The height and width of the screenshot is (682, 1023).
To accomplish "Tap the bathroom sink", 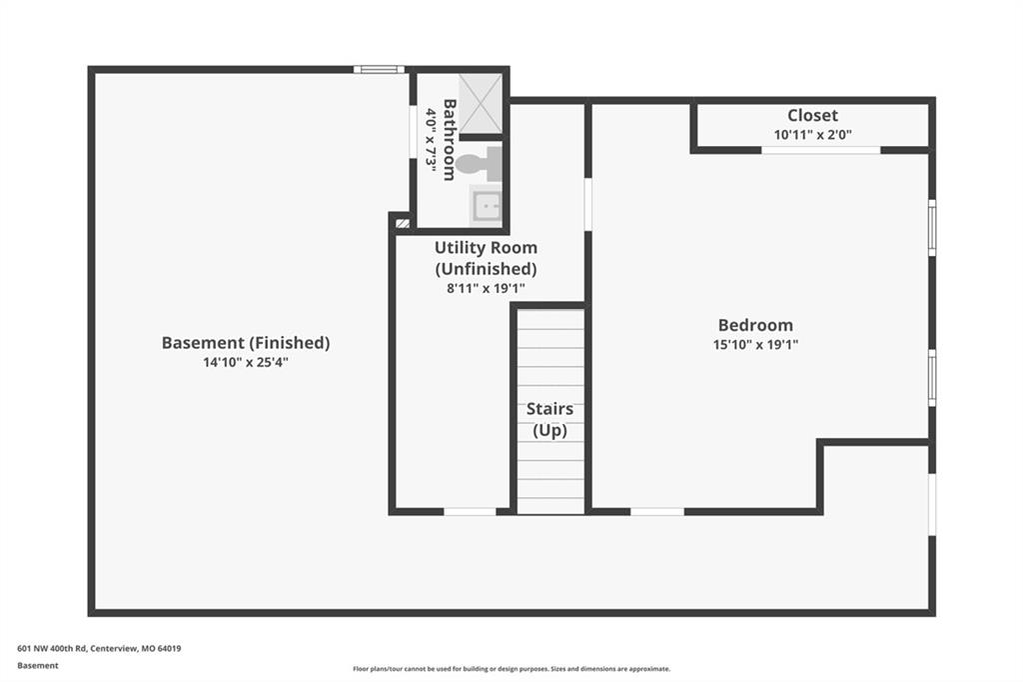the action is [486, 206].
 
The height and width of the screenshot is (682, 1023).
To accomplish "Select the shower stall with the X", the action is [481, 103].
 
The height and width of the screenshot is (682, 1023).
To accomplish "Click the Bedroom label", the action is [755, 325].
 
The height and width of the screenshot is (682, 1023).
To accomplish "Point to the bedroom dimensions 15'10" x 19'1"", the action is [755, 344].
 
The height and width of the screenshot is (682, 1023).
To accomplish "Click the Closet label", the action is [812, 116].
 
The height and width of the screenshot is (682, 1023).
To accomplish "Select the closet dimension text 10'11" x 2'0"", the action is [813, 135].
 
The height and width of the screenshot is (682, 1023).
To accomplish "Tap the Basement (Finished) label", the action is [246, 343].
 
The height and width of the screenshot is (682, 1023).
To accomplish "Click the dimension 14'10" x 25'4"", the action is [246, 363].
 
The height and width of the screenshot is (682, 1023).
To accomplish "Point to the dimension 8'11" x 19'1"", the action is [487, 288].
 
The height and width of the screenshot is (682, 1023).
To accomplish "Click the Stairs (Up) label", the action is [550, 419].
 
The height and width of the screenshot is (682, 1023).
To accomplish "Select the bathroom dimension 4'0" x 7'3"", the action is [431, 140].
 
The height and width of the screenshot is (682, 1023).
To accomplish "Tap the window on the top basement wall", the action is [379, 69].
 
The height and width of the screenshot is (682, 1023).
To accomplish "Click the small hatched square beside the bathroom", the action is [403, 223].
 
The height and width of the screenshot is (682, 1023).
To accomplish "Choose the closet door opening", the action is [821, 150].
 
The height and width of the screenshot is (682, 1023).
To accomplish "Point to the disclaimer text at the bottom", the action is [511, 669].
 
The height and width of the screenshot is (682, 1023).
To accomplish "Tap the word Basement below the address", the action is [38, 666].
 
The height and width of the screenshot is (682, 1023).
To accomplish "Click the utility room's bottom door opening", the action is [470, 512].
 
